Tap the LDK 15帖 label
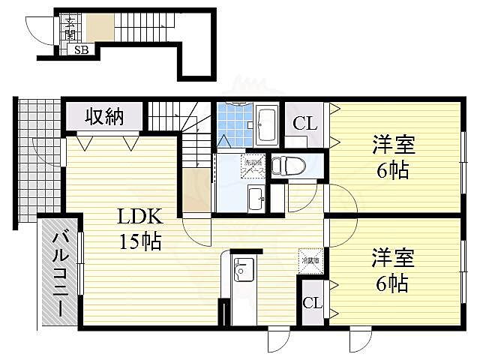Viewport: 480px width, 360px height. click(139, 229)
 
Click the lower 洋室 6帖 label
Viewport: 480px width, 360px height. click(391, 271)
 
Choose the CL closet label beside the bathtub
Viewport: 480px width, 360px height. click(303, 124)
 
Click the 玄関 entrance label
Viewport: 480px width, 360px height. click(69, 28)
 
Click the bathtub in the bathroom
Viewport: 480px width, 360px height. click(267, 125)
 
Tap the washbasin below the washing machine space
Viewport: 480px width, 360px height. click(254, 198)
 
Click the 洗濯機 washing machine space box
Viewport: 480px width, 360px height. click(252, 166)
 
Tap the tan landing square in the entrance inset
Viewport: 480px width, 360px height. click(98, 28)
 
